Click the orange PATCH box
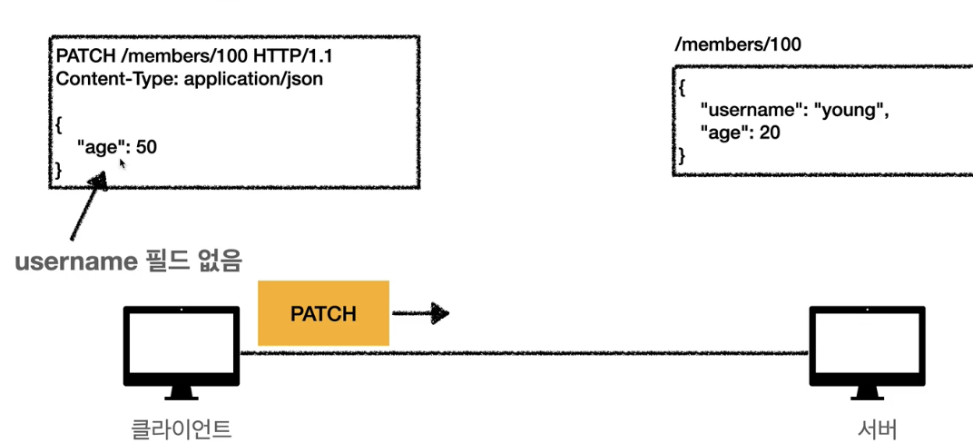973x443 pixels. [x=323, y=313]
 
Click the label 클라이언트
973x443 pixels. [x=181, y=428]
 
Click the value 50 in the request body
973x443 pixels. [x=146, y=145]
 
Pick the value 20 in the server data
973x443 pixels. [x=771, y=133]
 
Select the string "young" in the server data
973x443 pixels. [x=850, y=111]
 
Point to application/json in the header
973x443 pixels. [x=253, y=79]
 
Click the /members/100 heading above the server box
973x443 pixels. [x=737, y=44]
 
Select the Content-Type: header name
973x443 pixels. [x=116, y=79]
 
